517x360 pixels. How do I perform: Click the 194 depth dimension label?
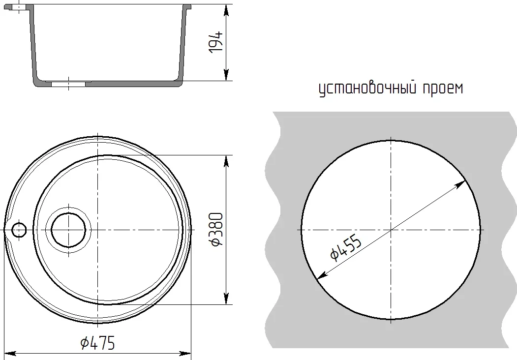pos(216,42)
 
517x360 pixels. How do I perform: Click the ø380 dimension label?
pos(216,230)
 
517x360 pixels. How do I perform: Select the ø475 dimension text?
pos(98,342)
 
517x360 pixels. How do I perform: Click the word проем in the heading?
pos(443,89)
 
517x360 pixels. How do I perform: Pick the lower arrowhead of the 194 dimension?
pos(226,74)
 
